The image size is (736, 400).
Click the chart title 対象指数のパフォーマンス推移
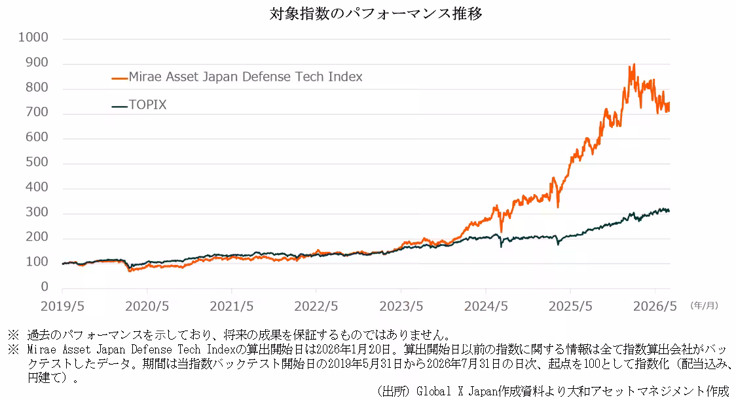tap(375, 14)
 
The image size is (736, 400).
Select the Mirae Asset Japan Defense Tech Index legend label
tap(246, 77)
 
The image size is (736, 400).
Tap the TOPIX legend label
tap(147, 105)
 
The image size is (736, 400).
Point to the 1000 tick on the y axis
tap(33, 37)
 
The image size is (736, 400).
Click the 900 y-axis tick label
tap(37, 62)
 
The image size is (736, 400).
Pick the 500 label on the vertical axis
tap(37, 162)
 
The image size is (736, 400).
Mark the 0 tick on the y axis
tap(45, 287)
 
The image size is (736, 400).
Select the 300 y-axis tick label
tap(37, 212)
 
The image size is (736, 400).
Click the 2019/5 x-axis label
tap(62, 306)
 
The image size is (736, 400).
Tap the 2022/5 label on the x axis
tap(316, 306)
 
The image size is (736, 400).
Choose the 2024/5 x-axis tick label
tap(486, 306)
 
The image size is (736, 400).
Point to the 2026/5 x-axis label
tap(655, 306)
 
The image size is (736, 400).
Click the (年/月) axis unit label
tap(704, 306)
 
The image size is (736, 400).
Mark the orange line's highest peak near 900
tap(634, 64)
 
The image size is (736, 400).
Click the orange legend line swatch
tap(120, 78)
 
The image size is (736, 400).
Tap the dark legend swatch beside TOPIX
tap(120, 106)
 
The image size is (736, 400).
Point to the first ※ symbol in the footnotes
tap(13, 334)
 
